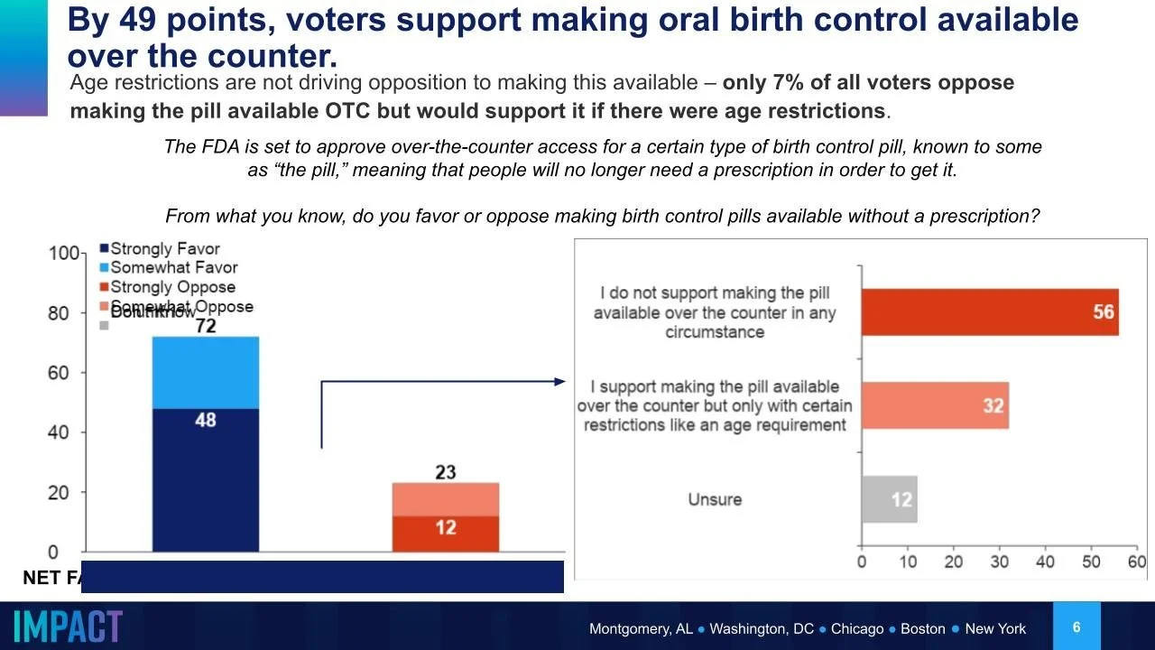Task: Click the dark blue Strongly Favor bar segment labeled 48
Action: [x=205, y=479]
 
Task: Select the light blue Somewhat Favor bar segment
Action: [x=205, y=372]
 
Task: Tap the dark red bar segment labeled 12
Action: [x=445, y=534]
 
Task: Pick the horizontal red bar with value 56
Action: [x=990, y=312]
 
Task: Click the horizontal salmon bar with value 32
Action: [x=935, y=405]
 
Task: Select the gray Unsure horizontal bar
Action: [x=889, y=499]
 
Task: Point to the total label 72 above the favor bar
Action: [x=206, y=325]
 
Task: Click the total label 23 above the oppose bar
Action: [x=446, y=472]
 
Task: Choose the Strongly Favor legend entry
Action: [x=160, y=248]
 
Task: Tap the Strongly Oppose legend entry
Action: [x=167, y=287]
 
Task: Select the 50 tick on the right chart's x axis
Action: [x=1091, y=562]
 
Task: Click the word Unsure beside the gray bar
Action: [x=715, y=499]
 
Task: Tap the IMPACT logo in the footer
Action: [x=69, y=627]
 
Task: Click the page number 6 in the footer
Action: [x=1076, y=627]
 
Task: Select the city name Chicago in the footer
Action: [x=857, y=628]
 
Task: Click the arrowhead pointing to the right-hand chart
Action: [x=559, y=382]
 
